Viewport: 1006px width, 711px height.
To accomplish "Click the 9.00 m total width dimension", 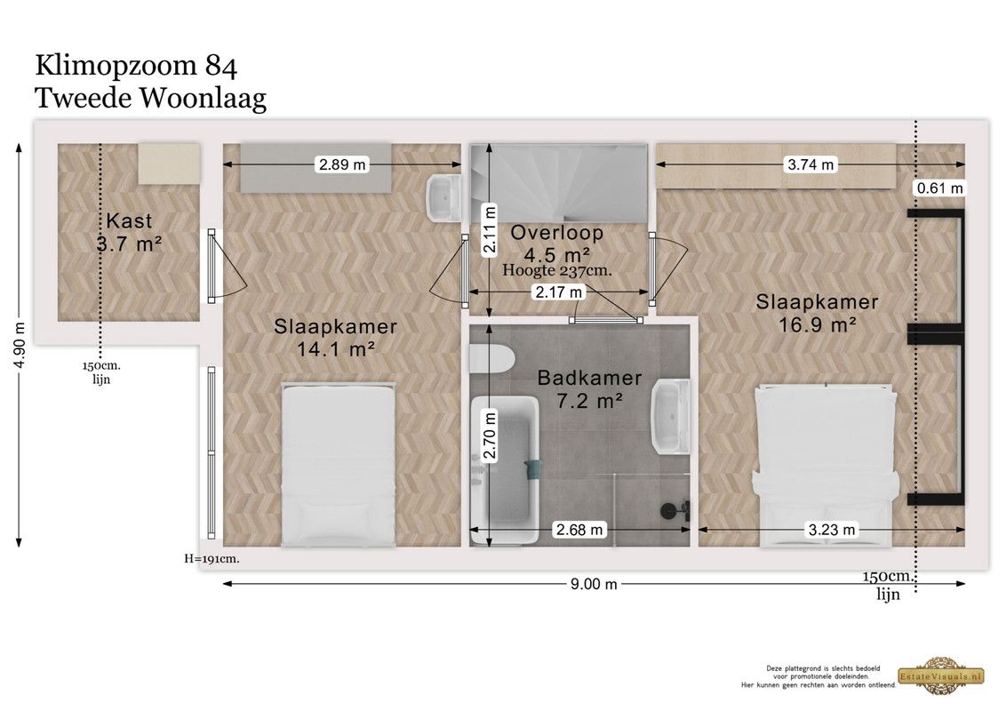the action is (594, 584).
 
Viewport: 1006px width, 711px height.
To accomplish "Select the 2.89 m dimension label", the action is (343, 165).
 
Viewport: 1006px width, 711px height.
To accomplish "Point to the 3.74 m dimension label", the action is (810, 165).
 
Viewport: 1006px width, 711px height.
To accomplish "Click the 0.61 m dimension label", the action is (940, 188).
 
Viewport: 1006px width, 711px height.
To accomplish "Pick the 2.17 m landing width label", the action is (559, 292).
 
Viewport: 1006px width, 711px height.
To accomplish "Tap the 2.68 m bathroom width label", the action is (579, 530).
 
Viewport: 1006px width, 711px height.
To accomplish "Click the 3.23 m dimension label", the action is (832, 530).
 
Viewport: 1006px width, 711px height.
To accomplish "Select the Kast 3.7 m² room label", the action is (129, 232).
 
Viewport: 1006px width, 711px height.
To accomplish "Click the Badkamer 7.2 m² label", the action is (589, 389).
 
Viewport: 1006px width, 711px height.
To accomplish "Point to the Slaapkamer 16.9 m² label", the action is (817, 313).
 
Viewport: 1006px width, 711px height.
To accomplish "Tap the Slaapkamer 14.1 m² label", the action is (336, 338).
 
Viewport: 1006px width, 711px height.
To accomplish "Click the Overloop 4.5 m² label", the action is (557, 244).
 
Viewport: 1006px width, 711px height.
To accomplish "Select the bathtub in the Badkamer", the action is (504, 471).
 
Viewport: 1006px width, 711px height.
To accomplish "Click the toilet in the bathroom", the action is (491, 360).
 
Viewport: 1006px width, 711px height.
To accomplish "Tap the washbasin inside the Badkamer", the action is (671, 417).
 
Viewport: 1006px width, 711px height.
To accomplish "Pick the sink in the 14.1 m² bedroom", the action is (443, 198).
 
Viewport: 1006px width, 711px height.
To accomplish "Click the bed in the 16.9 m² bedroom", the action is (825, 466).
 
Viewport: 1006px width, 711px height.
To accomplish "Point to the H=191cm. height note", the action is (212, 559).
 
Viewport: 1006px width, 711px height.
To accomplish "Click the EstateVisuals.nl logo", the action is (941, 675).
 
